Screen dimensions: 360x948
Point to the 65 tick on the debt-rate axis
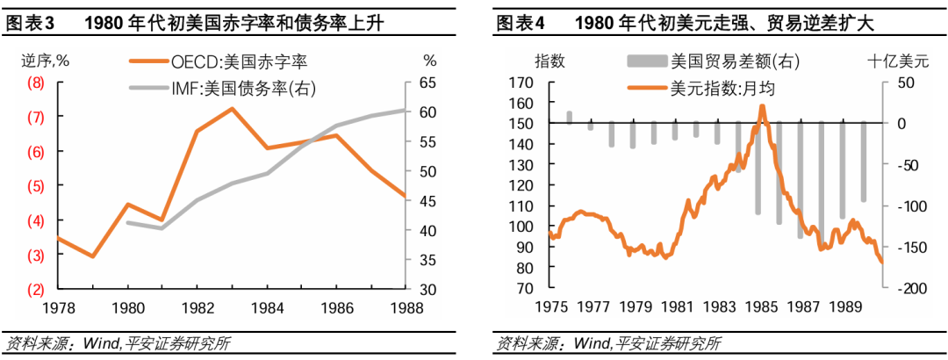[x=428, y=83]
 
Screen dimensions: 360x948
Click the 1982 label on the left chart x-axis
[x=197, y=309]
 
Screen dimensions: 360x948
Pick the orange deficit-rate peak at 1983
[x=232, y=109]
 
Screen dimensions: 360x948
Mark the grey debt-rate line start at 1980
[x=128, y=222]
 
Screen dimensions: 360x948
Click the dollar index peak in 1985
[x=762, y=106]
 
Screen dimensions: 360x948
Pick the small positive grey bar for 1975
[x=570, y=118]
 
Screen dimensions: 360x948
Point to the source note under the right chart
[x=609, y=342]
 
